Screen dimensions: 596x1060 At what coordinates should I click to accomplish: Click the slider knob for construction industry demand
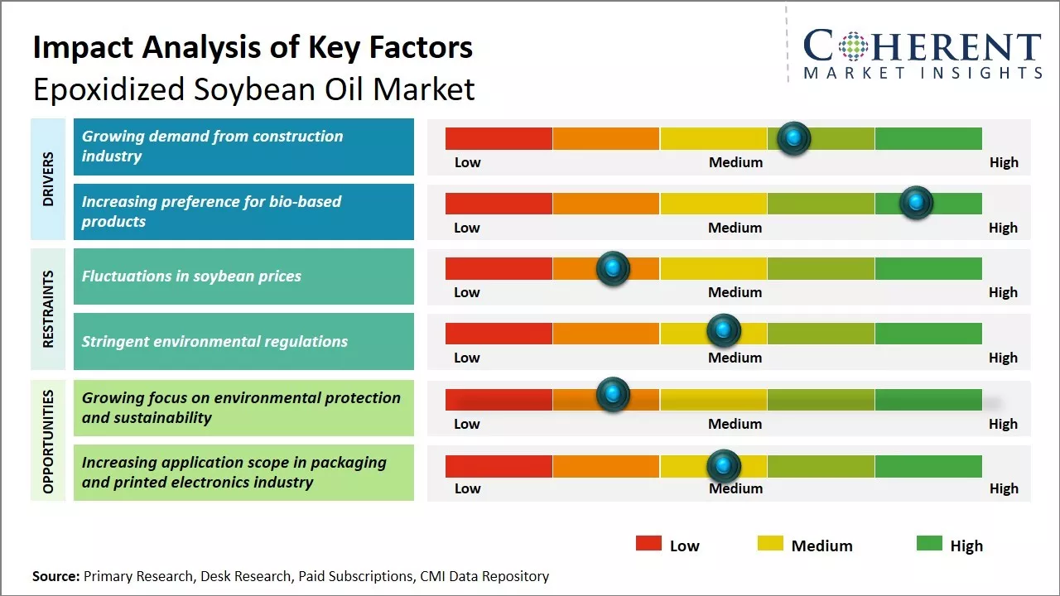point(794,138)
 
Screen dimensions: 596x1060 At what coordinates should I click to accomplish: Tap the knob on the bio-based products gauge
point(916,203)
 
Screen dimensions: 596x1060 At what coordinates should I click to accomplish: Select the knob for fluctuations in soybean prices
point(613,268)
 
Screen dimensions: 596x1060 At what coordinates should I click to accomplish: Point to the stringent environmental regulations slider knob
point(724,331)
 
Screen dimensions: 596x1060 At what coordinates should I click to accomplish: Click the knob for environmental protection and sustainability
point(613,394)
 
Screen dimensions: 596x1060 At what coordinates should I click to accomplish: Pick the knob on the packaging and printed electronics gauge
point(724,466)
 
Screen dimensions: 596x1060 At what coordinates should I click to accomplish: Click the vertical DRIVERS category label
point(48,179)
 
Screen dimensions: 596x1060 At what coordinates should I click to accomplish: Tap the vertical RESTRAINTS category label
point(48,309)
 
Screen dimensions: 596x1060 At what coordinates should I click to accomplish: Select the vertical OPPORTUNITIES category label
point(48,441)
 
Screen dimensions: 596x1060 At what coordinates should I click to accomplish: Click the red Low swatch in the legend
point(648,544)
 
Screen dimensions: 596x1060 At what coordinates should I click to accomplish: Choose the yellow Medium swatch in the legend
point(770,544)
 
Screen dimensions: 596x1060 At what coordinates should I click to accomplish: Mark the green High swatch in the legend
point(929,544)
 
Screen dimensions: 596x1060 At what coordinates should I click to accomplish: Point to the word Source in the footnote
point(55,576)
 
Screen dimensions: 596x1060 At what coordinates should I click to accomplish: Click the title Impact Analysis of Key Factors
point(253,47)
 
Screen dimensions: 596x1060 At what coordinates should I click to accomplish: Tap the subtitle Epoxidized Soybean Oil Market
point(253,89)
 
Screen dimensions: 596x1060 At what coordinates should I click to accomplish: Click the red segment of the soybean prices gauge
point(499,268)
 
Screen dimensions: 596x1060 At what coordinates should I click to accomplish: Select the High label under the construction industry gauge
point(1004,162)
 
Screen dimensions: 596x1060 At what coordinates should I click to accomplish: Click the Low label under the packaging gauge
point(467,488)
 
